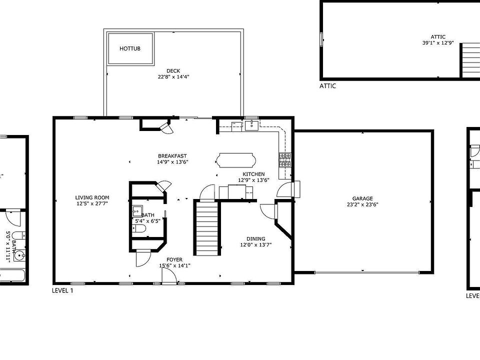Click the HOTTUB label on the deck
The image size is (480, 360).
[x=130, y=48]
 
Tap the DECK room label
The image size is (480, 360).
[x=173, y=70]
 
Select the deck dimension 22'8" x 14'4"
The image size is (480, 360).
[x=173, y=77]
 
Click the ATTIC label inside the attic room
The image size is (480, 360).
[x=438, y=36]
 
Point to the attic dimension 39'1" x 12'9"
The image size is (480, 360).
[x=438, y=43]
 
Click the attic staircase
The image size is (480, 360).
[x=469, y=59]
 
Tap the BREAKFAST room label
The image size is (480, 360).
[x=172, y=155]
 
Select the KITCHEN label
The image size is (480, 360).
[x=253, y=174]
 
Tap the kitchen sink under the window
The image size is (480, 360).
[x=251, y=124]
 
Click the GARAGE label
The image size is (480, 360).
[x=362, y=198]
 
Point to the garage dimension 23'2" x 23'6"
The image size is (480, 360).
[x=362, y=204]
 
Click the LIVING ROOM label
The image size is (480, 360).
[x=92, y=197]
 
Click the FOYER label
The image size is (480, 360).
[x=174, y=259]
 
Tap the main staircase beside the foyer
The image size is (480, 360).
[x=206, y=228]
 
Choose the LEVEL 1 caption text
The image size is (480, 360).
[x=62, y=290]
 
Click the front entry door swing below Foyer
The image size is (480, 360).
[x=170, y=276]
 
